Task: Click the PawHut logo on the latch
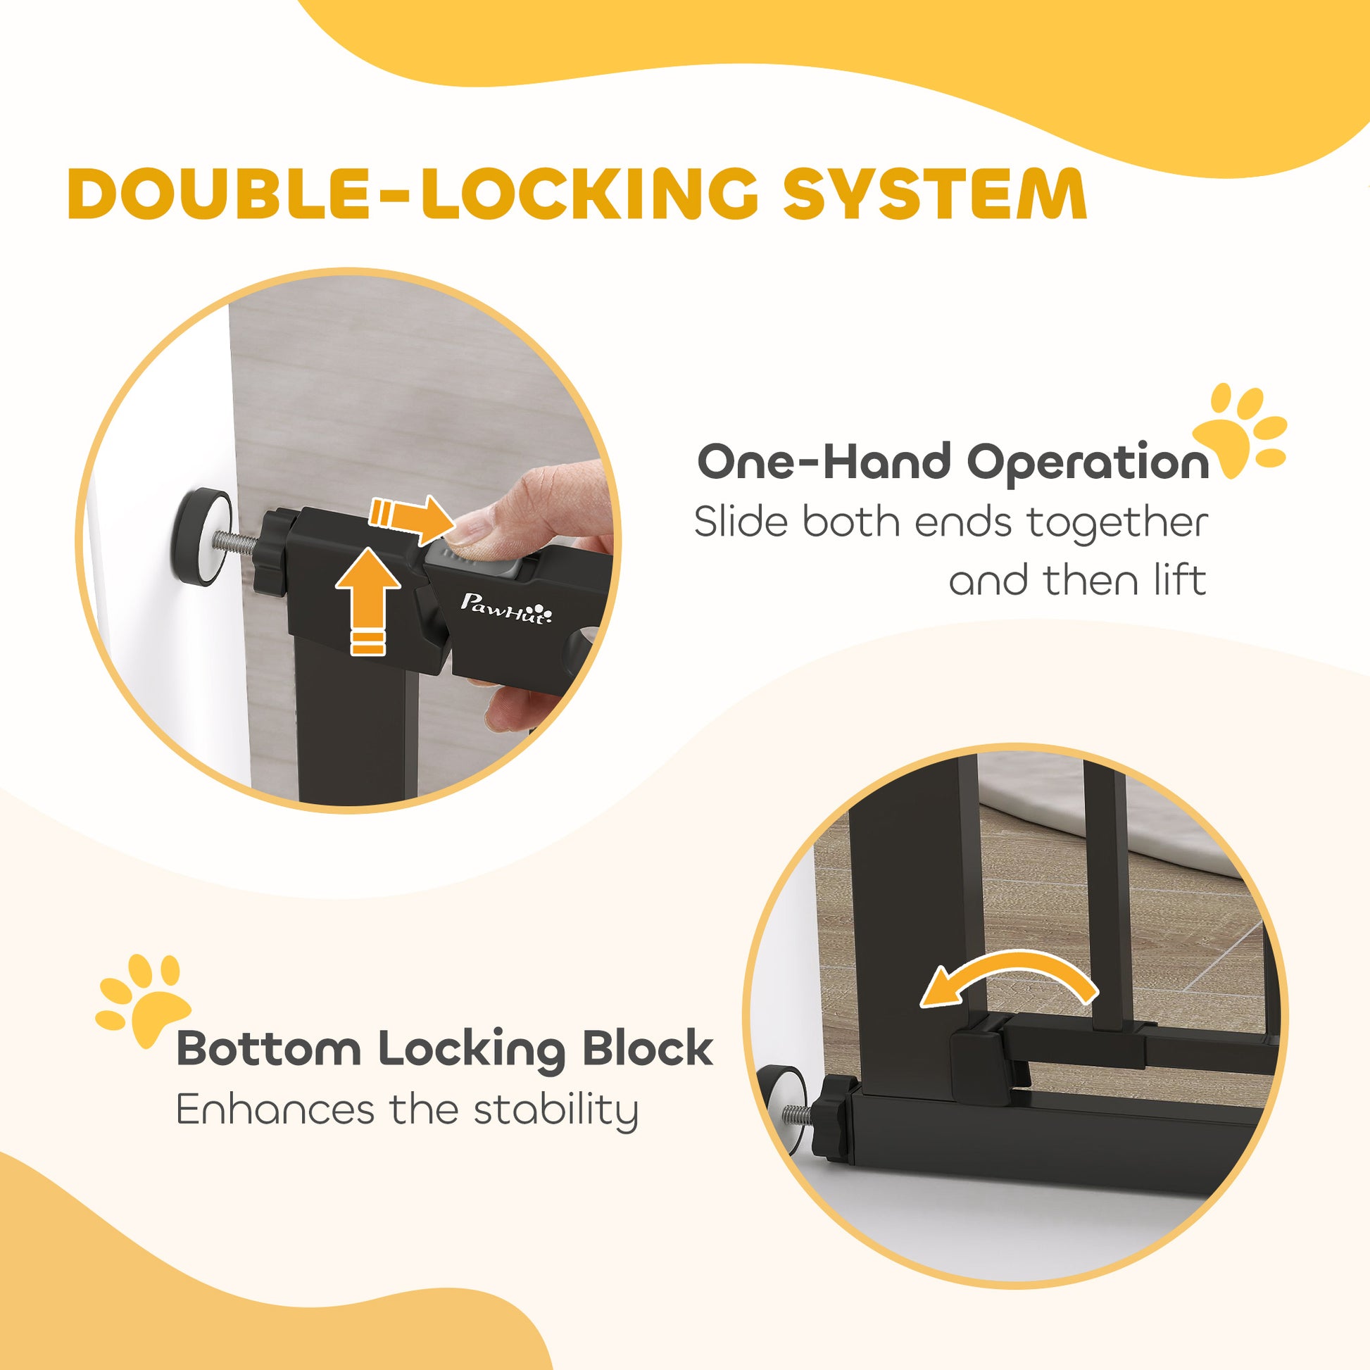pos(506,609)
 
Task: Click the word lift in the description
pos(1180,580)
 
